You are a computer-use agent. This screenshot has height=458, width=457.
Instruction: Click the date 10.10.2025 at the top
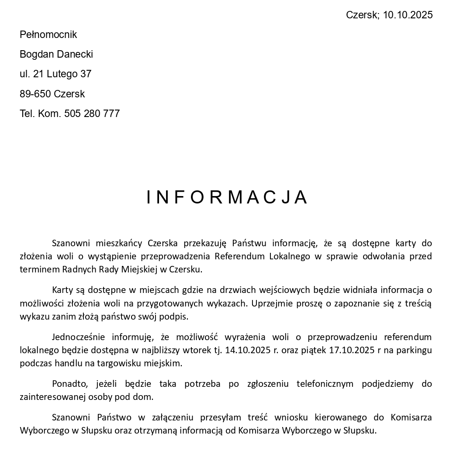coord(408,15)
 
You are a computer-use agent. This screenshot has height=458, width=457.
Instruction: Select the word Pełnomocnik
coord(48,34)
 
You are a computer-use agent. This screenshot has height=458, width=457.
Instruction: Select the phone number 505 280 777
coord(92,114)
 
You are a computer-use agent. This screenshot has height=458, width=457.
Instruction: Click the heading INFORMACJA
coord(228,197)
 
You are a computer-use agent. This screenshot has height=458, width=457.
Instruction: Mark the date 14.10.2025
coord(247,350)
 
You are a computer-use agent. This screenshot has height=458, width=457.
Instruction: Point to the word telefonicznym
coord(325,384)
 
